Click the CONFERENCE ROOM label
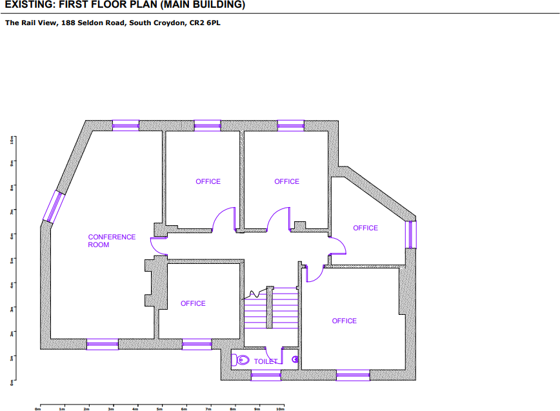click(x=112, y=241)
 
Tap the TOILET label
click(x=265, y=362)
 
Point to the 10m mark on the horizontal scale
click(x=281, y=408)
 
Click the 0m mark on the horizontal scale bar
click(x=38, y=408)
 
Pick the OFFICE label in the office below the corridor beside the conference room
click(x=193, y=303)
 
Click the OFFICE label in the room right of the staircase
click(x=344, y=321)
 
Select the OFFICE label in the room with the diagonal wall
click(x=365, y=228)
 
